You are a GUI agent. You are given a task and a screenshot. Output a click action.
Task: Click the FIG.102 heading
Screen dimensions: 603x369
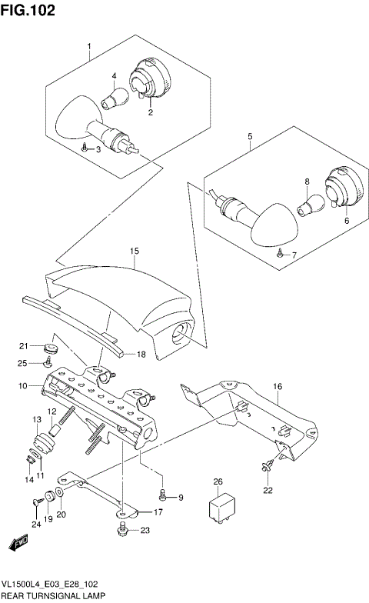point(28,10)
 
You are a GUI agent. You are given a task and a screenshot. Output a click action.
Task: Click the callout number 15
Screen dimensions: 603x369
point(134,251)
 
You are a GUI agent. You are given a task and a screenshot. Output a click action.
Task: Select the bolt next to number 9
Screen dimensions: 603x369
point(164,495)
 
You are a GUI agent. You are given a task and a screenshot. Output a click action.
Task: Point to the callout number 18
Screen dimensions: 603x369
point(141,355)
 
